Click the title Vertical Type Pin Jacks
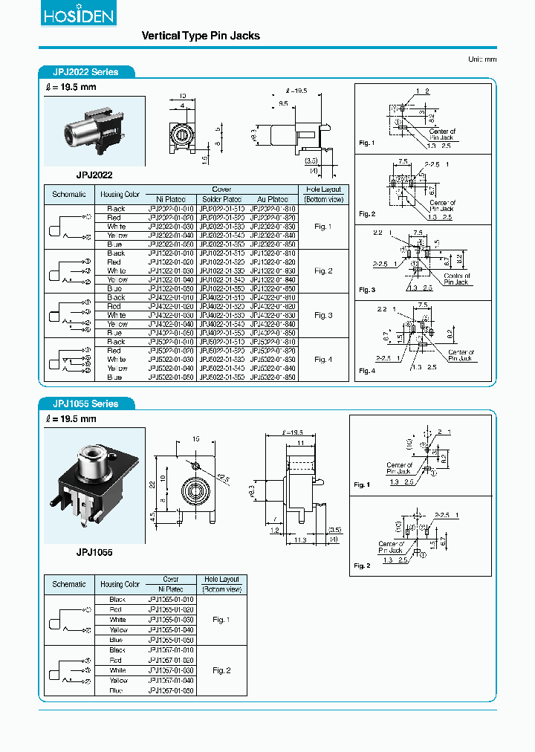pos(201,36)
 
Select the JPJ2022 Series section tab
pos(86,72)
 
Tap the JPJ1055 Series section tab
pos(86,403)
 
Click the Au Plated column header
pos(273,199)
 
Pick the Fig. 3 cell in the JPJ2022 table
pos(323,315)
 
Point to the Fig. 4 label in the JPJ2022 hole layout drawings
pos(367,370)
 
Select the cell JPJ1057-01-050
pos(170,691)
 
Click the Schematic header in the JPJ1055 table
pos(69,584)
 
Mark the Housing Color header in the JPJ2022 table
pos(120,195)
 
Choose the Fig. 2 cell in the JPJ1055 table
pos(221,670)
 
